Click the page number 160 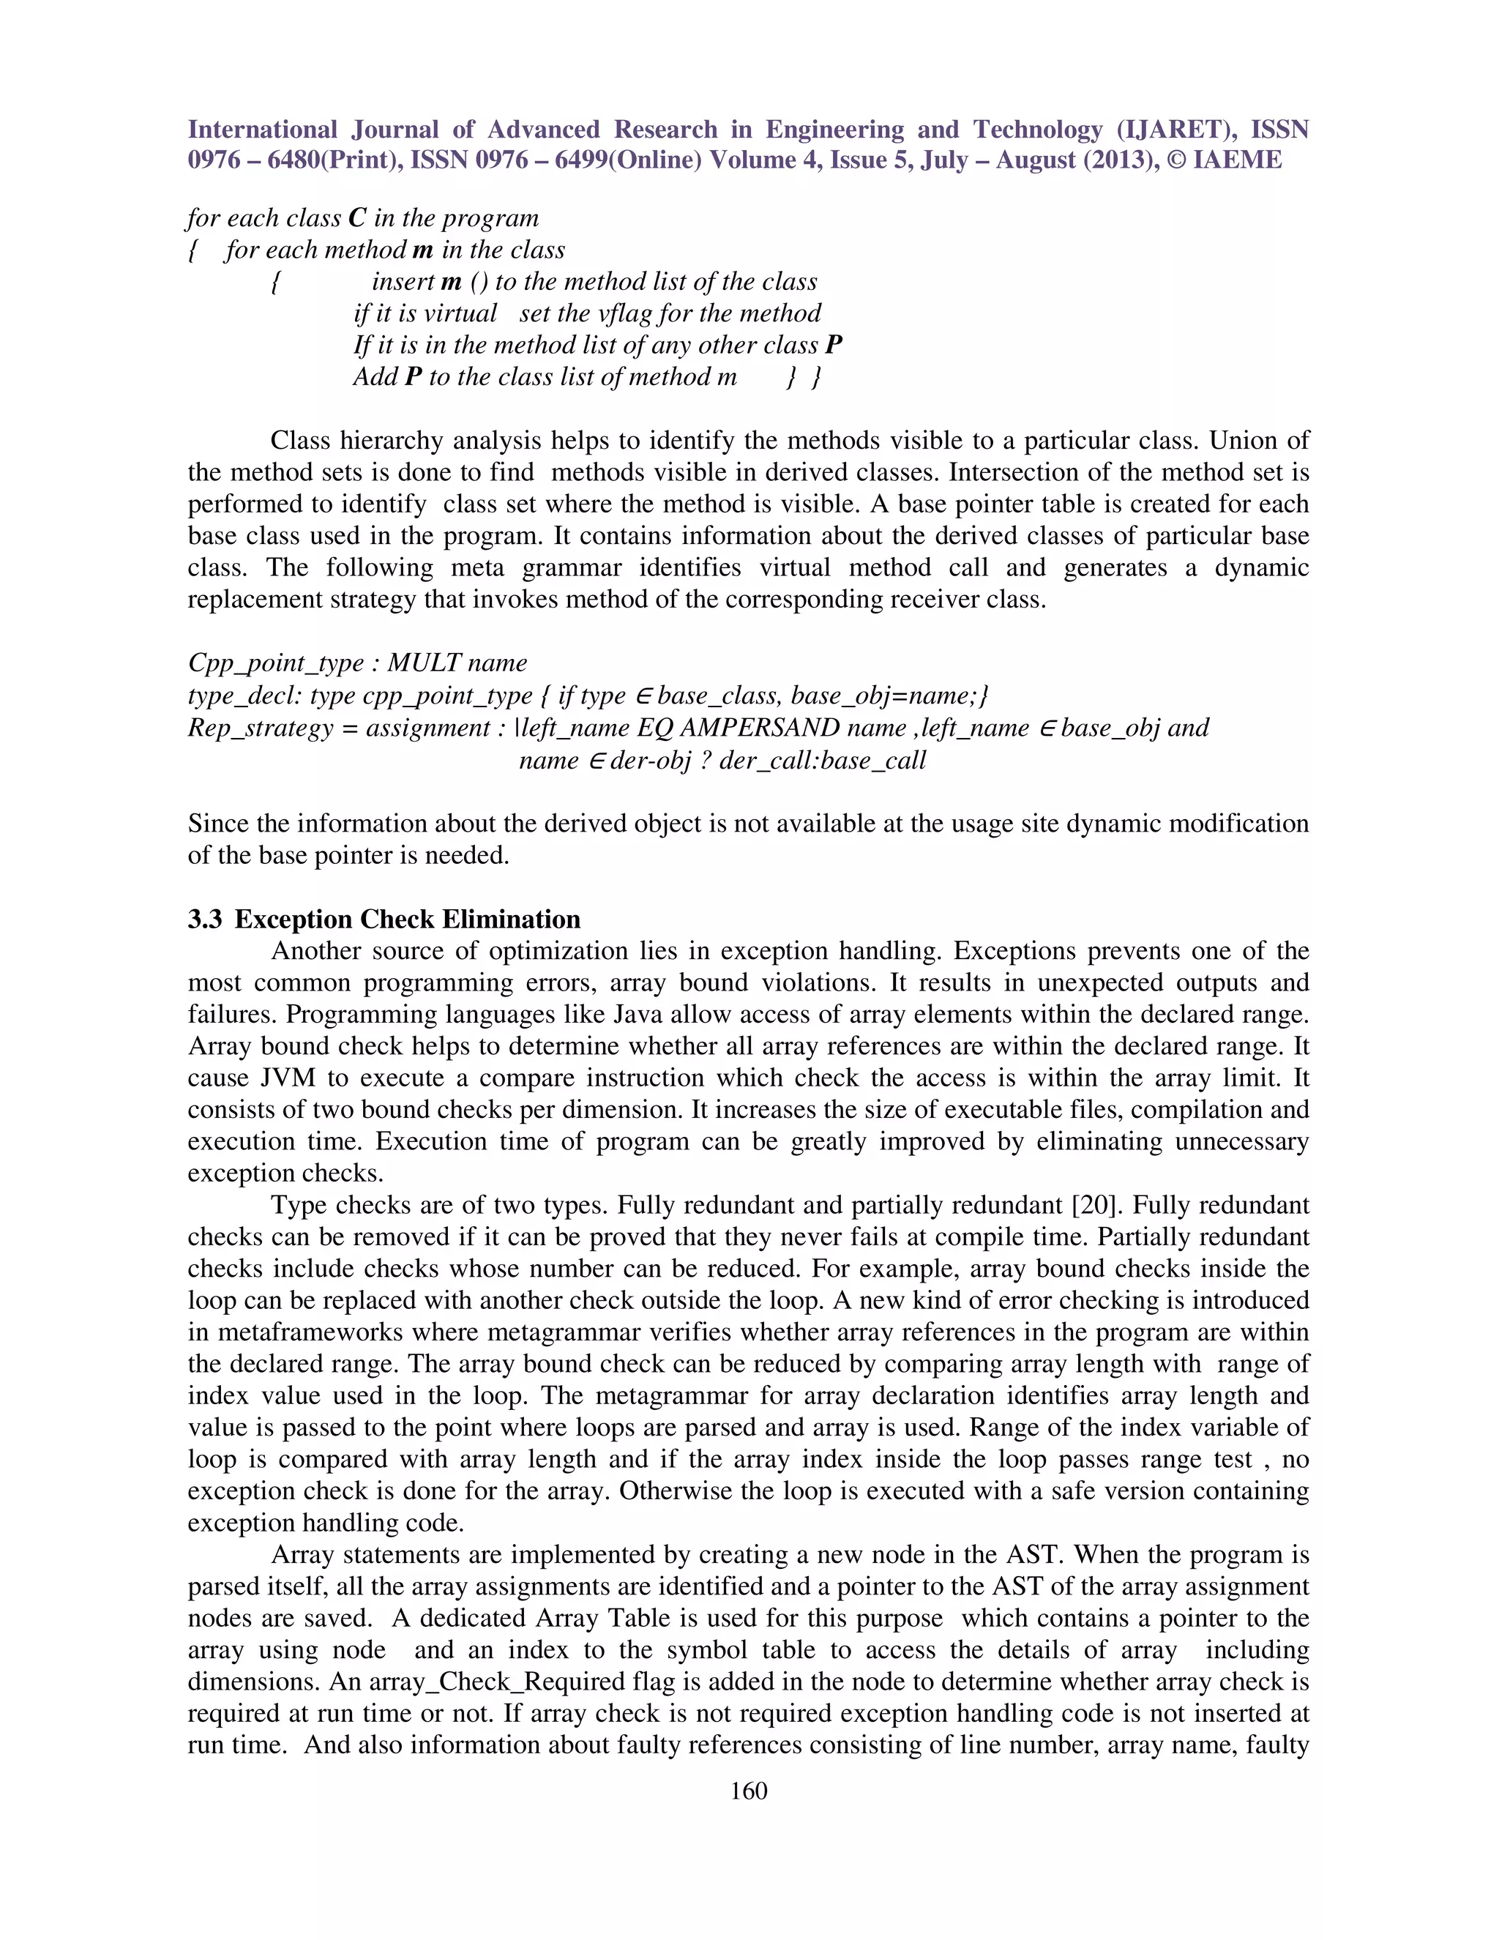[x=748, y=1791]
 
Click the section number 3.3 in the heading [x=205, y=919]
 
